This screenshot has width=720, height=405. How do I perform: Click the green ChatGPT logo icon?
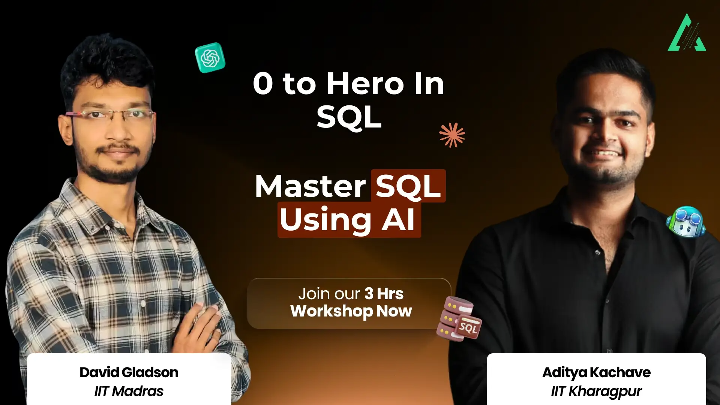pyautogui.click(x=210, y=58)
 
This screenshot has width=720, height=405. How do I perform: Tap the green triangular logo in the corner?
pyautogui.click(x=687, y=34)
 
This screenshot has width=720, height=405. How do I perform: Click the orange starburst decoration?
pyautogui.click(x=452, y=135)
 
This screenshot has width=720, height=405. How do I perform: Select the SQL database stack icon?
pyautogui.click(x=458, y=319)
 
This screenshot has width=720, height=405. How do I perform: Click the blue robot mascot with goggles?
pyautogui.click(x=685, y=222)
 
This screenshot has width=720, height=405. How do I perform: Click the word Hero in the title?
pyautogui.click(x=365, y=84)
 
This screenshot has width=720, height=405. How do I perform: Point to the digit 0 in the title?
pyautogui.click(x=262, y=84)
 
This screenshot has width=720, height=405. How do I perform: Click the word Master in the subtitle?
pyautogui.click(x=310, y=186)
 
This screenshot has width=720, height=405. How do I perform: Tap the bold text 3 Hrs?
pyautogui.click(x=384, y=294)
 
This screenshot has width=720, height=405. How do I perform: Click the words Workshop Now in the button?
pyautogui.click(x=351, y=311)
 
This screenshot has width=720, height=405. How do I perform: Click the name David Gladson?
pyautogui.click(x=129, y=372)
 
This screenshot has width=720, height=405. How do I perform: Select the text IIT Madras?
pyautogui.click(x=129, y=391)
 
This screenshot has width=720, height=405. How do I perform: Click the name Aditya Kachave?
pyautogui.click(x=596, y=372)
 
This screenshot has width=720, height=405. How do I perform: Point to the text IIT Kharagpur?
pyautogui.click(x=596, y=391)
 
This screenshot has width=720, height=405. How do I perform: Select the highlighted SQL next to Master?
pyautogui.click(x=408, y=186)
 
